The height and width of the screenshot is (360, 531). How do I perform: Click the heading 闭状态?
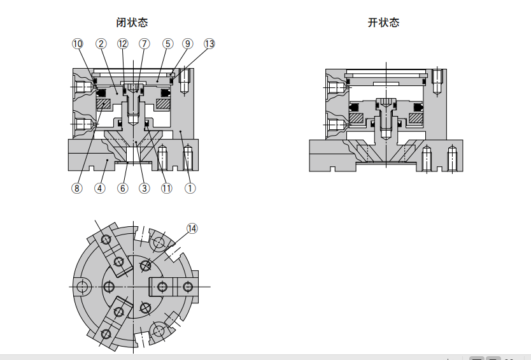click(132, 23)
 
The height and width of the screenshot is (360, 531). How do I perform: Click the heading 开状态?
click(384, 23)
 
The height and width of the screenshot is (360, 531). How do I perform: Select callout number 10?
click(78, 44)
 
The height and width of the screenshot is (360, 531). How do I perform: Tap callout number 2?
click(101, 44)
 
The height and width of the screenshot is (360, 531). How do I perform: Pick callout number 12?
click(123, 44)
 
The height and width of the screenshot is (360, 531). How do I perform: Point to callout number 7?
click(145, 44)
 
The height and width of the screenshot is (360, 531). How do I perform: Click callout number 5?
click(167, 44)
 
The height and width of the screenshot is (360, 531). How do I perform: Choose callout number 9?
click(187, 44)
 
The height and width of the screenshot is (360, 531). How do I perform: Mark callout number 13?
click(209, 44)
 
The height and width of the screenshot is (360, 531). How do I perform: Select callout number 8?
click(77, 188)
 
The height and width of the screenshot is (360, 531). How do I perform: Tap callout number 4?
click(100, 188)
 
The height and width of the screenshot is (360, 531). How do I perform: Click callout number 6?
click(123, 188)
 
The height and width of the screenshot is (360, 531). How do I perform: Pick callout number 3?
click(145, 188)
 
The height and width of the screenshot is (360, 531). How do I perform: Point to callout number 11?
click(167, 188)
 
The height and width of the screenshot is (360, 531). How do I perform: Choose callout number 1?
click(189, 188)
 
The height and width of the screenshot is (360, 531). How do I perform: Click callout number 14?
click(192, 228)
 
